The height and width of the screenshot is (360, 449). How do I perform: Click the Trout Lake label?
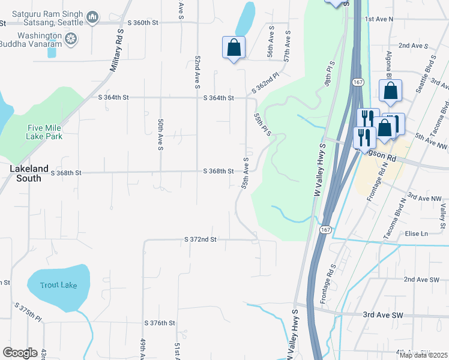point(58,285)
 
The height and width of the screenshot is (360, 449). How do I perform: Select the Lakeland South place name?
point(25,174)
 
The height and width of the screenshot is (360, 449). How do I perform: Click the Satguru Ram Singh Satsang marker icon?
point(92,18)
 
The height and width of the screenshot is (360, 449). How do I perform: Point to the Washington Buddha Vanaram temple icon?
point(71,40)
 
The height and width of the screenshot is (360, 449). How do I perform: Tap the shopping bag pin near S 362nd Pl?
point(233,48)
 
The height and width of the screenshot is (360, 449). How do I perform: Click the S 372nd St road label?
point(200,239)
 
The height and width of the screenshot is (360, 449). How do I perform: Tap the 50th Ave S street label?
point(161,134)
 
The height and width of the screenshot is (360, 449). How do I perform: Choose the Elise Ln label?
point(415,233)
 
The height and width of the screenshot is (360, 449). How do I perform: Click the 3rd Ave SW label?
point(382,315)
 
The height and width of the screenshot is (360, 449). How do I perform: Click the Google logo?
point(20,353)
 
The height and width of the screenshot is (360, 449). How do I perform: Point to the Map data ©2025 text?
point(423,355)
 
